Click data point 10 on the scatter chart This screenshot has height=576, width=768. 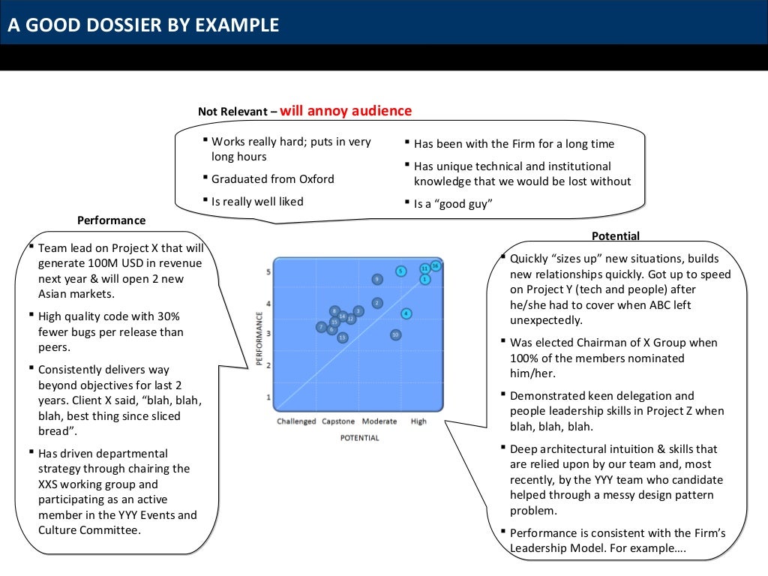point(395,334)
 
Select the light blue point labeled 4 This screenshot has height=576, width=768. point(406,313)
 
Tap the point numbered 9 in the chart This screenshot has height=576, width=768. point(377,279)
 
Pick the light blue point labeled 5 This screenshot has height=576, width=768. point(401,271)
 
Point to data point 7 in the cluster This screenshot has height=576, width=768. point(321,327)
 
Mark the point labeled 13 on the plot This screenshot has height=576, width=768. point(343,337)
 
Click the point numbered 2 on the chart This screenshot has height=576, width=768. point(377,303)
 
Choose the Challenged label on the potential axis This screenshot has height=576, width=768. point(296,421)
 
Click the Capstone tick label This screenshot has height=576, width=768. point(338,421)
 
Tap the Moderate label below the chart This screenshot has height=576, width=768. point(379,421)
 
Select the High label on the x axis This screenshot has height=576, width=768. point(418,421)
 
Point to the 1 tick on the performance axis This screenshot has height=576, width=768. point(268,397)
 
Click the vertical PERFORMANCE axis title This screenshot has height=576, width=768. point(259,339)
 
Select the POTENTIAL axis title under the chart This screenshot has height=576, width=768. point(359,438)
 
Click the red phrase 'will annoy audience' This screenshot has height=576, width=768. point(346,111)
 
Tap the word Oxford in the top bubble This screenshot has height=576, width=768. point(316,179)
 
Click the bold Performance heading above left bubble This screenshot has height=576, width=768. point(112,220)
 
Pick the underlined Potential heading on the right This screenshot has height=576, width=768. point(616,236)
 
